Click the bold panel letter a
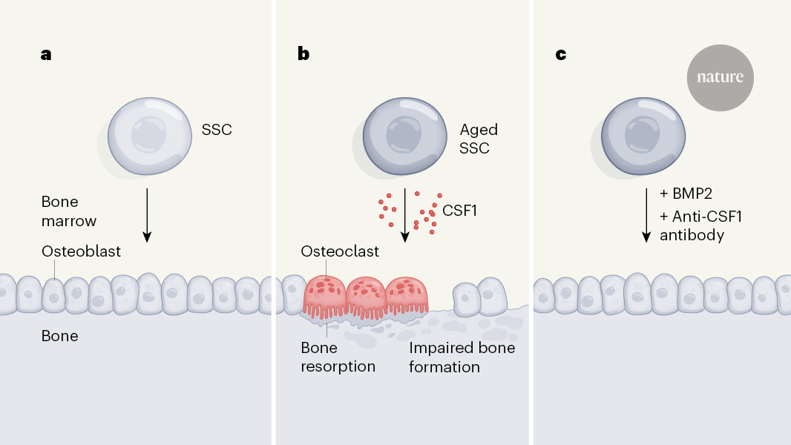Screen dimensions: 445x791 tap(46, 54)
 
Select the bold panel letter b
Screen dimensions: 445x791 tap(303, 54)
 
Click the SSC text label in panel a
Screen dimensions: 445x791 tap(217, 130)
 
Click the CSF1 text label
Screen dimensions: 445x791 tap(459, 211)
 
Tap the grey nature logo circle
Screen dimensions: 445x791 tap(720, 76)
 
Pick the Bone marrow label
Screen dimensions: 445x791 tap(70, 211)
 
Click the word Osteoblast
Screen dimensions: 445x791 tap(81, 251)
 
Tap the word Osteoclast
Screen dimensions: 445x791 tap(340, 251)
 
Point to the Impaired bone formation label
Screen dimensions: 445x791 tap(462, 357)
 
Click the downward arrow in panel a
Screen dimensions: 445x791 tap(147, 214)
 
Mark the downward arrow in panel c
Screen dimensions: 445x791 tap(646, 214)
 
